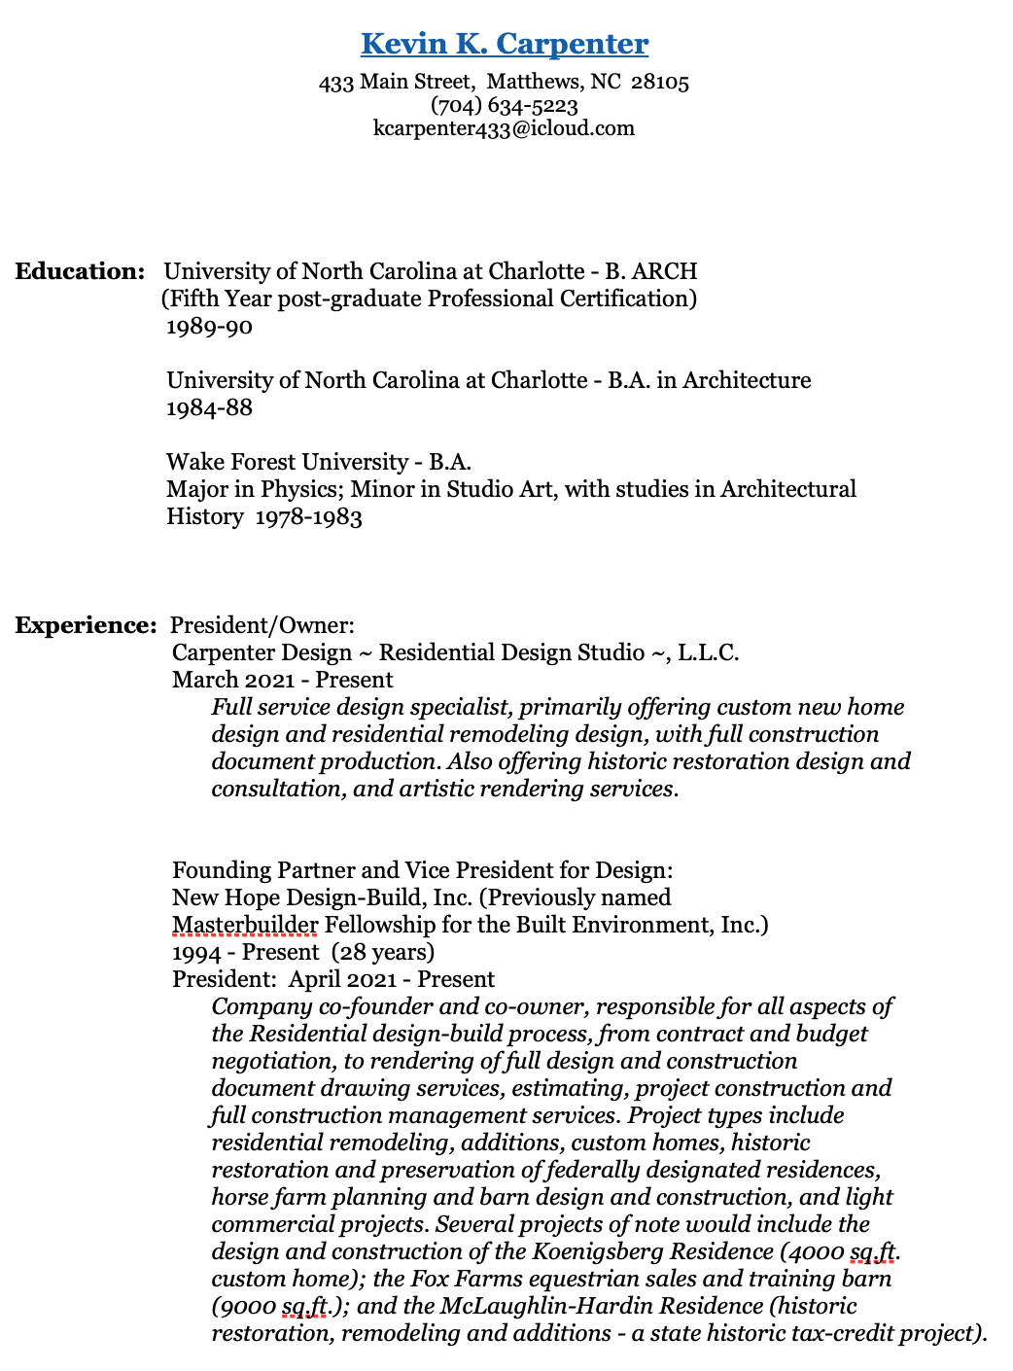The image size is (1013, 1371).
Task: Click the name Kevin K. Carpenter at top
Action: [505, 44]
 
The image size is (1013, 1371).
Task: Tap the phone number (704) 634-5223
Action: [504, 105]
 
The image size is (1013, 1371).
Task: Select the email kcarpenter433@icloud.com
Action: [504, 128]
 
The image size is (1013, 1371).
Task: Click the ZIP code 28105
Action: [660, 82]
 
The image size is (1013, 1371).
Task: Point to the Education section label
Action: [80, 271]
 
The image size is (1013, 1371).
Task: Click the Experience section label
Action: [86, 625]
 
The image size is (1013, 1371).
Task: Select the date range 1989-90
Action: [209, 327]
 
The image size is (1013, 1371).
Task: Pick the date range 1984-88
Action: [209, 408]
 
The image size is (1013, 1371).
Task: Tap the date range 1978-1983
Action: [309, 517]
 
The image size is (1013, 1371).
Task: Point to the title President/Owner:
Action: [262, 625]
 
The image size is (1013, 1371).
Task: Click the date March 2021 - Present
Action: [282, 680]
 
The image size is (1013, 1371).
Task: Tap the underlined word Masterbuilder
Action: [245, 925]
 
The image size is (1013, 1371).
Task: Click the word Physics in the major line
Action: [297, 489]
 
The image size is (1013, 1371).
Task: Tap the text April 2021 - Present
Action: [392, 979]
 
